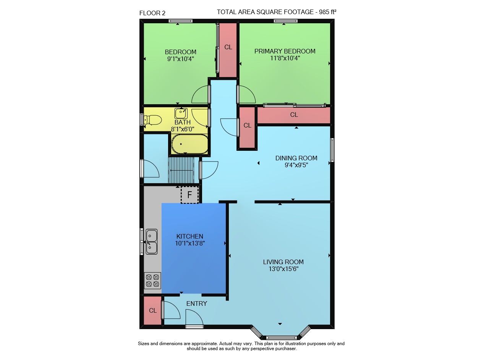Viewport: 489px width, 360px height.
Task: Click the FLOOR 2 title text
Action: pyautogui.click(x=152, y=13)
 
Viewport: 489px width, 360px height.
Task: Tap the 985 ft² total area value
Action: pyautogui.click(x=327, y=12)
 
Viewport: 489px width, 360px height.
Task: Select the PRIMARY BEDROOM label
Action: pyautogui.click(x=285, y=51)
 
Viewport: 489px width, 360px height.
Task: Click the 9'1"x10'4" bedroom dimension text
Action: pyautogui.click(x=181, y=59)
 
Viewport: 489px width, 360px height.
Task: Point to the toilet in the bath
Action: pyautogui.click(x=152, y=120)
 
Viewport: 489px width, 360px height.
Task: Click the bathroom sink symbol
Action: pyautogui.click(x=181, y=113)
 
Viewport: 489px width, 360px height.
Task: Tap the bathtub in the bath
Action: pyautogui.click(x=189, y=144)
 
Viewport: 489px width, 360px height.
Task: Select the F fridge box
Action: pyautogui.click(x=189, y=195)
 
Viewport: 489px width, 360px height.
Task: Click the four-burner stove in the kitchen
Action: pyautogui.click(x=152, y=281)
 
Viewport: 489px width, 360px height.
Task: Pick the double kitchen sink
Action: pyautogui.click(x=151, y=242)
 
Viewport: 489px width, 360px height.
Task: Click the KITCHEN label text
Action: pyautogui.click(x=190, y=236)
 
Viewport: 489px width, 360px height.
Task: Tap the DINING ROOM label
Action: pyautogui.click(x=296, y=158)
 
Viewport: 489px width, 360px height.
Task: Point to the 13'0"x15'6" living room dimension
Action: pyautogui.click(x=283, y=269)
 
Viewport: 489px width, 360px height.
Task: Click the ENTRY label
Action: pyautogui.click(x=196, y=303)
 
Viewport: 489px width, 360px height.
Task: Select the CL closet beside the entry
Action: pyautogui.click(x=152, y=310)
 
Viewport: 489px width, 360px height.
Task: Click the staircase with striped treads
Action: pyautogui.click(x=181, y=170)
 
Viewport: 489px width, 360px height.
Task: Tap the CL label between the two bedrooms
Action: pyautogui.click(x=228, y=47)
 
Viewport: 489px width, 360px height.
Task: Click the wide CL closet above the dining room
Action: pyautogui.click(x=294, y=115)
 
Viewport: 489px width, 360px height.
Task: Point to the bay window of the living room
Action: pyautogui.click(x=280, y=333)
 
